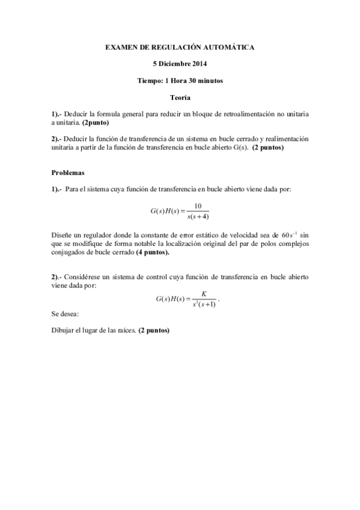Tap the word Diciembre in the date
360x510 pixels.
(174, 63)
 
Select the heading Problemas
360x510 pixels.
(67, 172)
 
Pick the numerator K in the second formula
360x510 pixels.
(204, 293)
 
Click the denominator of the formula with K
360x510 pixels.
(204, 305)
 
